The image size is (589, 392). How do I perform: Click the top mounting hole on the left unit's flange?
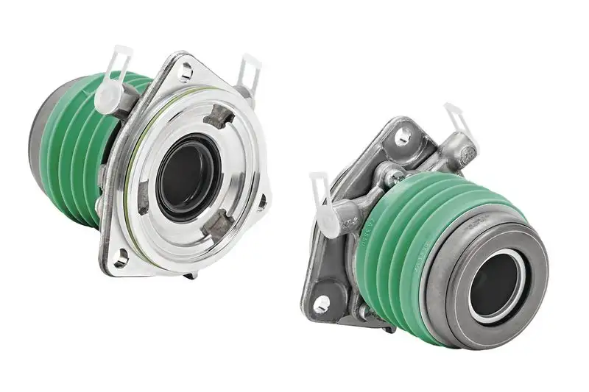pyautogui.click(x=186, y=71)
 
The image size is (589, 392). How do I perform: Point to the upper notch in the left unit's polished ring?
pyautogui.click(x=218, y=115)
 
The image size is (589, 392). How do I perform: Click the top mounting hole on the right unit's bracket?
pyautogui.click(x=403, y=137)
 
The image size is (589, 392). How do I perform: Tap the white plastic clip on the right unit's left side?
pyautogui.click(x=325, y=206)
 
